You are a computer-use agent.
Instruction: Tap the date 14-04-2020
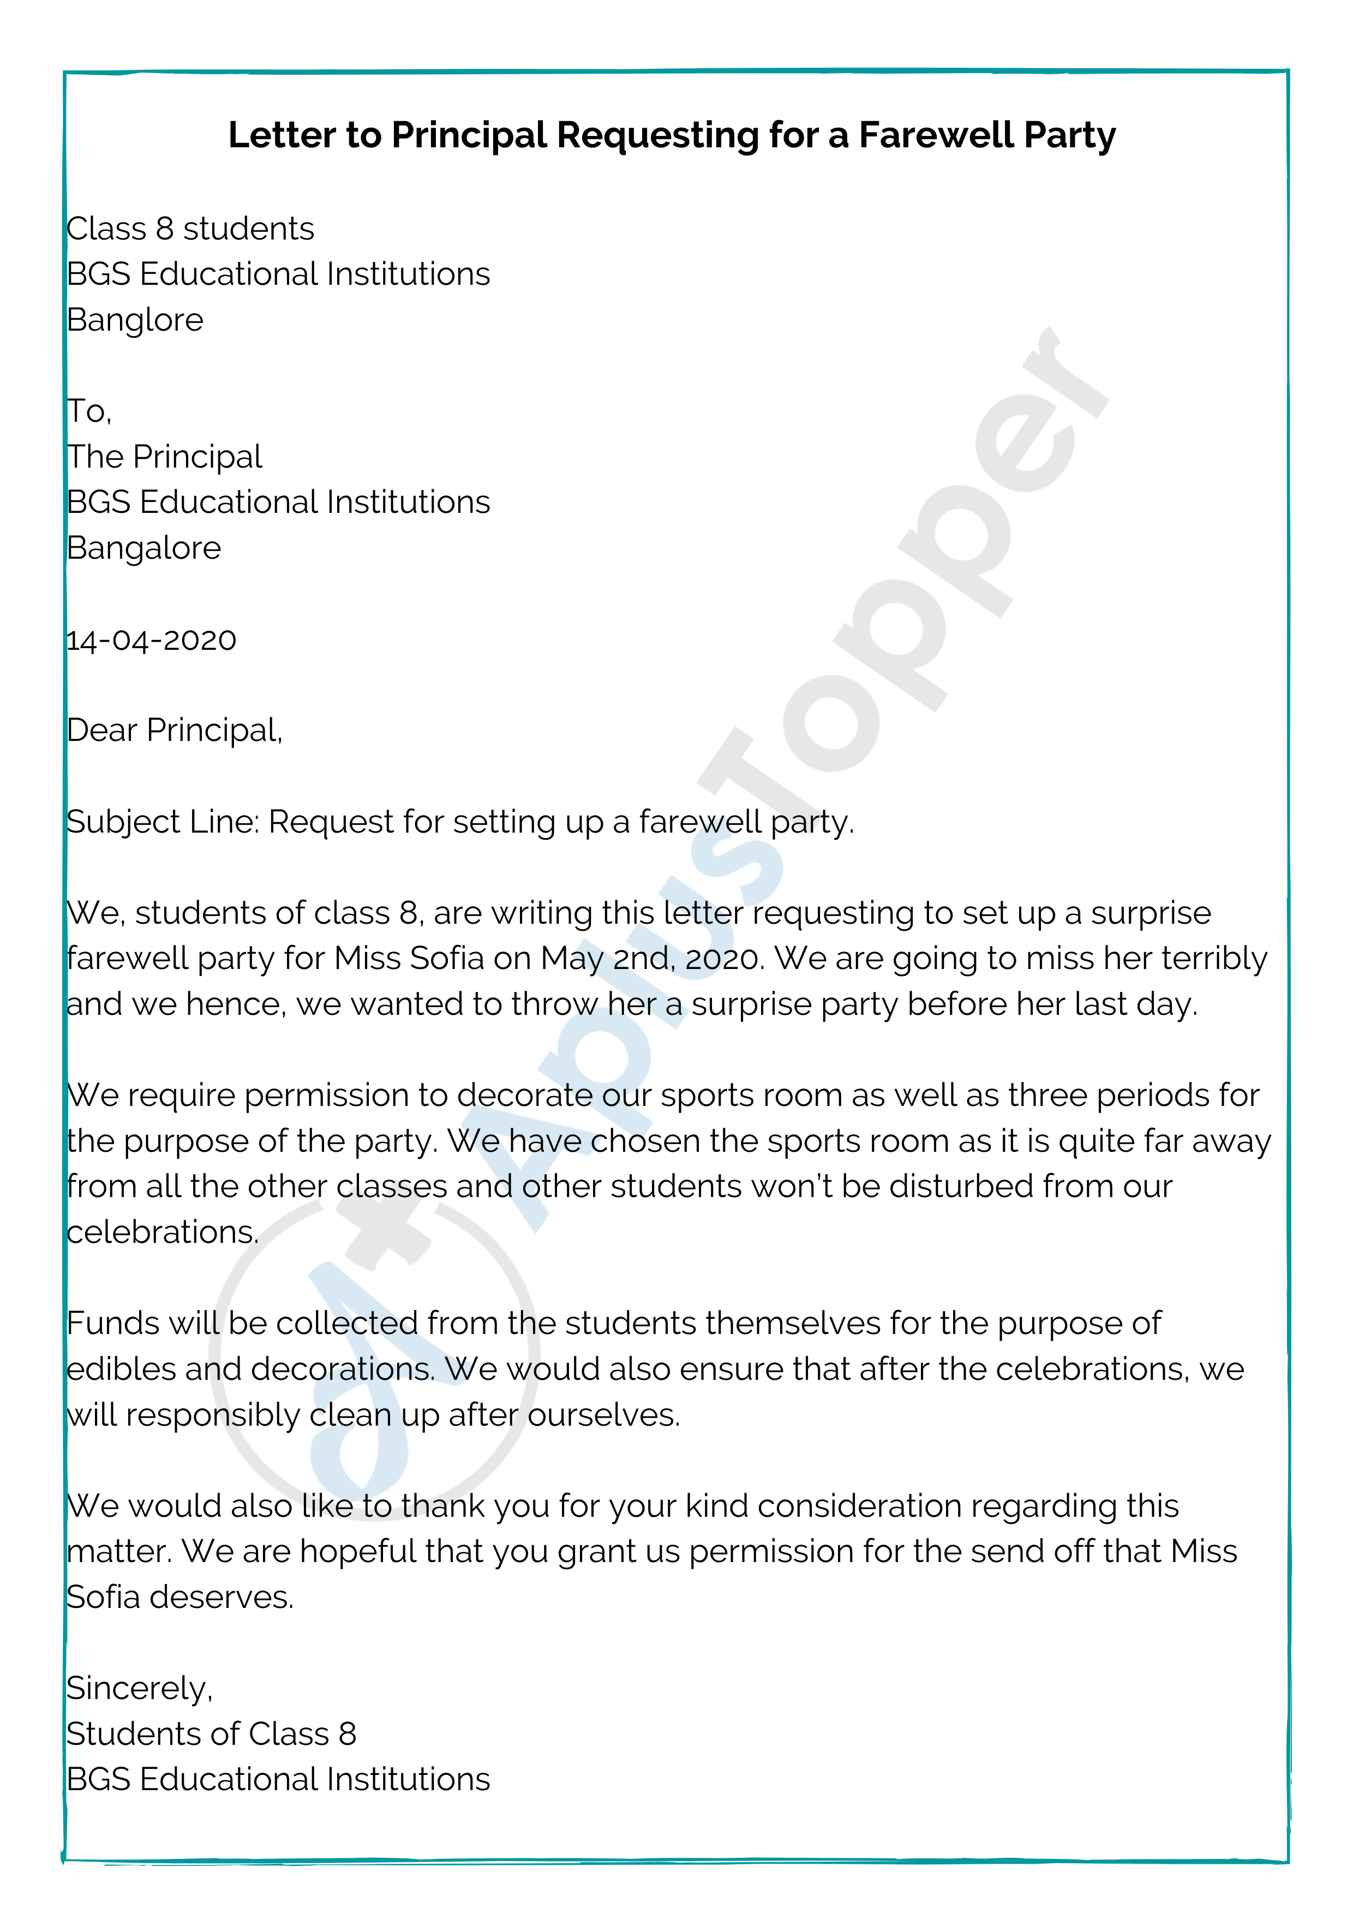pos(151,640)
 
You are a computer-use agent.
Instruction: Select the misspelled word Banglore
pos(135,320)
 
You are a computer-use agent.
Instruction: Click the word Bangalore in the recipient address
pos(143,548)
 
